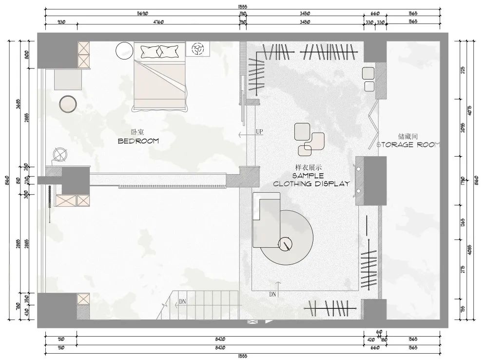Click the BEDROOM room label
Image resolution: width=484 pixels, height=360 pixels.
[x=139, y=141]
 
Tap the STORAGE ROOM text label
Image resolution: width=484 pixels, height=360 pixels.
[x=408, y=145]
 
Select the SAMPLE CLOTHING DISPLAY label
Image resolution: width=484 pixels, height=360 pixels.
[x=311, y=180]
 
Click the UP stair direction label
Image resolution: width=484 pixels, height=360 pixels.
[x=259, y=132]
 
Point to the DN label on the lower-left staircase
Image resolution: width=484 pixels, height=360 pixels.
[x=183, y=302]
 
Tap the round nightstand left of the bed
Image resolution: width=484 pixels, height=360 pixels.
[x=124, y=50]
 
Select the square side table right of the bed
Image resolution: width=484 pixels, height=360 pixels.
[x=198, y=49]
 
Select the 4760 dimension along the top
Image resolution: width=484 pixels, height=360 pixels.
[x=158, y=22]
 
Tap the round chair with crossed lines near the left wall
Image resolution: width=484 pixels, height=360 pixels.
[x=59, y=155]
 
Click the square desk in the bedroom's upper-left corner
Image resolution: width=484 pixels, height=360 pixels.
[x=68, y=80]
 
